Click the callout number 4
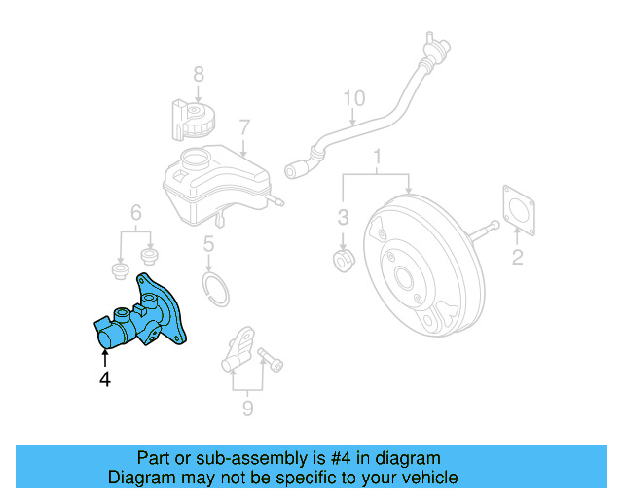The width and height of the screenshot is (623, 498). click(x=105, y=379)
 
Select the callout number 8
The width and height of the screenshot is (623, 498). click(x=198, y=73)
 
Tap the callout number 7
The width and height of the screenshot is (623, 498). click(x=244, y=126)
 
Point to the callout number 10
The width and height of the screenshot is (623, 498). click(x=354, y=98)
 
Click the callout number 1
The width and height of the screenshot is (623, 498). click(x=378, y=156)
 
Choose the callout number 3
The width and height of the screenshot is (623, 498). click(x=343, y=215)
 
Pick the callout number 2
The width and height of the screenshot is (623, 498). click(x=518, y=257)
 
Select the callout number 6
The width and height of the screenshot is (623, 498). click(x=136, y=212)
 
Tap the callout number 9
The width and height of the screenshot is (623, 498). click(x=246, y=408)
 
